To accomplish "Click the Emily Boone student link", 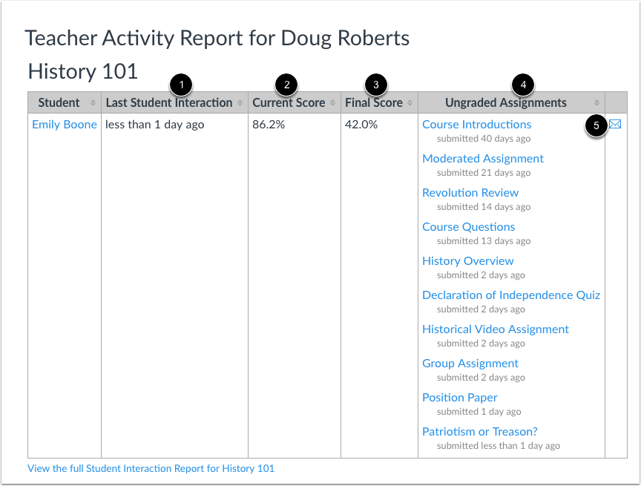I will [64, 125].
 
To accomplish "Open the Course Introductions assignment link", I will [476, 125].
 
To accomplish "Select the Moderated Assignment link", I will [482, 159].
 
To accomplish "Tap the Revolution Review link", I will [470, 193].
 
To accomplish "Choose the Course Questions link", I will [468, 227].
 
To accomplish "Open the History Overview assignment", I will [467, 261].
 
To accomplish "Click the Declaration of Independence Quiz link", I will [510, 295].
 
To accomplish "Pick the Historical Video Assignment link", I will [495, 329].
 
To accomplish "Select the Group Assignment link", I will [470, 364].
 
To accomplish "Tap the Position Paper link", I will [459, 398].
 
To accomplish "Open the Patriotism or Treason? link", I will [479, 432].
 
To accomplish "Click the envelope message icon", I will [615, 125].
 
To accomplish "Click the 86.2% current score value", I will [269, 125].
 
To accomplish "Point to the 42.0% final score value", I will [361, 125].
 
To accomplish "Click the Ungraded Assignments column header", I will [505, 103].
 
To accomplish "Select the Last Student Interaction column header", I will [168, 103].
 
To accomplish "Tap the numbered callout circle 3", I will [376, 85].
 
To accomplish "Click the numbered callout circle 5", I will [596, 125].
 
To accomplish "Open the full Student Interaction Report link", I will [151, 468].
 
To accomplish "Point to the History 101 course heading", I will [82, 71].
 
